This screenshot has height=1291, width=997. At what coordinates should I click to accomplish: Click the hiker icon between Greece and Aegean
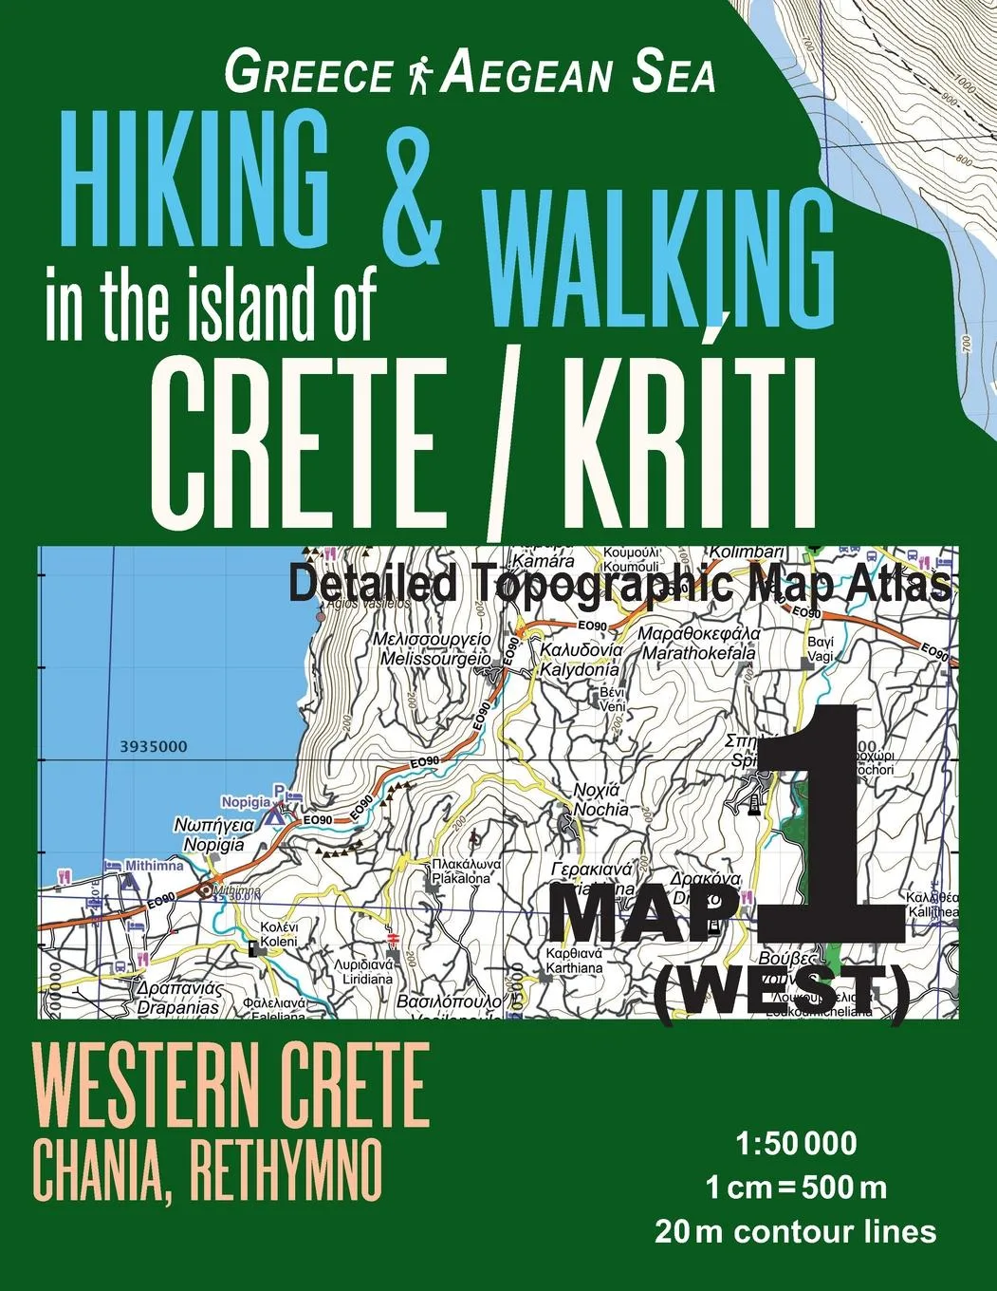tap(417, 75)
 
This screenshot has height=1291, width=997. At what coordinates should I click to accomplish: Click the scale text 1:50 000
tap(796, 1144)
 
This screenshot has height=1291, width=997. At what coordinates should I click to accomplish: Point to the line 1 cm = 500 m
tap(795, 1188)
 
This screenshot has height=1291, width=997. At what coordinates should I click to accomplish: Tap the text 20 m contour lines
tap(795, 1231)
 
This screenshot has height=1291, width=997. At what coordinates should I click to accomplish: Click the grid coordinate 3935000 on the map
tap(154, 747)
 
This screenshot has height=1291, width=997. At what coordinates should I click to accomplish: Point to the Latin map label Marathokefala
tap(699, 653)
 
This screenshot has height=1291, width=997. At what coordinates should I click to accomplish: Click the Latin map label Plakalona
tap(461, 879)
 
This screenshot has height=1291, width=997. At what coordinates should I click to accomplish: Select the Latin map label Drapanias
tap(177, 1007)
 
